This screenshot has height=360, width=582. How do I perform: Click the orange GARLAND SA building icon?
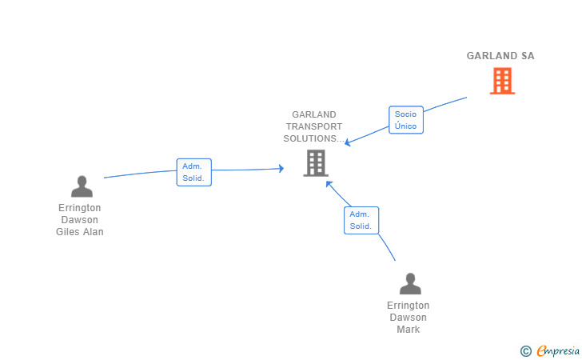pyautogui.click(x=502, y=81)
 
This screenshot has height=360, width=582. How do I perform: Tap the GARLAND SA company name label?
pyautogui.click(x=500, y=56)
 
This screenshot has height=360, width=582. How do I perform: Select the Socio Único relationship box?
pyautogui.click(x=406, y=120)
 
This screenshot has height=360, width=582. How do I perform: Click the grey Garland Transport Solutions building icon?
pyautogui.click(x=316, y=163)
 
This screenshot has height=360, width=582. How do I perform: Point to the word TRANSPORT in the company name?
pyautogui.click(x=314, y=126)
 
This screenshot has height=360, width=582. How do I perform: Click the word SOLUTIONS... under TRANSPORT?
pyautogui.click(x=314, y=138)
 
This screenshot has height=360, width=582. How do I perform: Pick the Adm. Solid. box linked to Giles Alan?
pyautogui.click(x=193, y=172)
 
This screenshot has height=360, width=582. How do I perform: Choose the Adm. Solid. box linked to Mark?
pyautogui.click(x=361, y=220)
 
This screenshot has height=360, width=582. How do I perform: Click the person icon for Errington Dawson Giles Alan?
pyautogui.click(x=82, y=186)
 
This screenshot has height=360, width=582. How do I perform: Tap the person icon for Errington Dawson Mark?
pyautogui.click(x=410, y=283)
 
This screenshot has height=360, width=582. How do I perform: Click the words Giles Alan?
pyautogui.click(x=80, y=232)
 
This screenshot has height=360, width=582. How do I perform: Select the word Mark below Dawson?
pyautogui.click(x=409, y=330)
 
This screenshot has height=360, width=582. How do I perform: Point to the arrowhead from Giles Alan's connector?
pyautogui.click(x=281, y=169)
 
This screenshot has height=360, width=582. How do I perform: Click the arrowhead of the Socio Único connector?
pyautogui.click(x=348, y=142)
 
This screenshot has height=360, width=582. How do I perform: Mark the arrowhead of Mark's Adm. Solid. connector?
pyautogui.click(x=329, y=183)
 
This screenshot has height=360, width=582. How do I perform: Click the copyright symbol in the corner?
pyautogui.click(x=525, y=351)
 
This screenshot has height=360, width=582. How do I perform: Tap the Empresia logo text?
pyautogui.click(x=558, y=351)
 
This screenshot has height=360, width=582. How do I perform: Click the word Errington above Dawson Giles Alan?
pyautogui.click(x=79, y=208)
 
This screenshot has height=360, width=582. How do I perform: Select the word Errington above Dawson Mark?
pyautogui.click(x=409, y=306)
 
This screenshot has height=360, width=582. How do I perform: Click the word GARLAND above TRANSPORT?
pyautogui.click(x=314, y=114)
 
